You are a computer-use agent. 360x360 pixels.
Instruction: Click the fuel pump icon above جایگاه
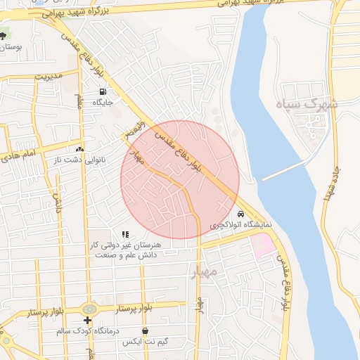103,91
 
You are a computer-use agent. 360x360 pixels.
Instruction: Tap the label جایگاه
103,102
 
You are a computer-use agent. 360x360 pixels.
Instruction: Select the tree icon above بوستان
3,36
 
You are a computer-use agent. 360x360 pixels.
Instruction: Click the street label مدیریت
49,75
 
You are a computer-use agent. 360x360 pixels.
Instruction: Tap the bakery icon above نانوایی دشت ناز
79,149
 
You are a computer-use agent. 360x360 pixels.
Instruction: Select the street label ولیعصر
134,129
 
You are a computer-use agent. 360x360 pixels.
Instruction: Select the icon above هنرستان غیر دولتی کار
125,234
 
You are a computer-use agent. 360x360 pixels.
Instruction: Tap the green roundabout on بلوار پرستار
89,309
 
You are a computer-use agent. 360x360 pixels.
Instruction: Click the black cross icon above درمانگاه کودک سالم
87,321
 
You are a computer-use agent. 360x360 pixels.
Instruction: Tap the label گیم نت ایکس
145,342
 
